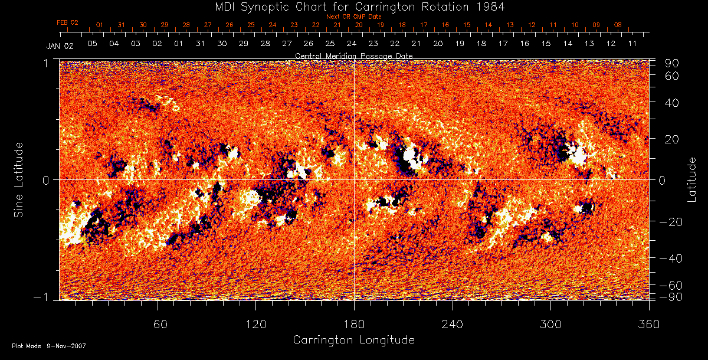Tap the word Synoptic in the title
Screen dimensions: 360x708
[264, 6]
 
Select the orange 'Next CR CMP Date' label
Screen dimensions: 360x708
[353, 17]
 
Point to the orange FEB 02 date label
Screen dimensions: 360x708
[67, 22]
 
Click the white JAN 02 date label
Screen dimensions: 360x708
[60, 45]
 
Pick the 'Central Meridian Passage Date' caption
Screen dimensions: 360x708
[353, 55]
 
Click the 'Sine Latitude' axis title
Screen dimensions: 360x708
[19, 179]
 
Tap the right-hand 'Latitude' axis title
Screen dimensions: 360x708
[692, 179]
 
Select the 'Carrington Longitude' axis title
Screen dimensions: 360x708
[353, 340]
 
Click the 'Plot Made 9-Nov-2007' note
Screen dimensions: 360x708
[49, 346]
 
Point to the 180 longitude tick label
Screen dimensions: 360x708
[354, 325]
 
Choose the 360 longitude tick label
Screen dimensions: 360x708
[649, 325]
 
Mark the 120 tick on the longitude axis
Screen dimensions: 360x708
[255, 325]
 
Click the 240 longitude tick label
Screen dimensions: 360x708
[453, 325]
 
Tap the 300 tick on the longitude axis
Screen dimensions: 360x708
[550, 325]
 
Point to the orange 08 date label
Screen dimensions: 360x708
[618, 25]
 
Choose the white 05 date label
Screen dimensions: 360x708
[92, 44]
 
